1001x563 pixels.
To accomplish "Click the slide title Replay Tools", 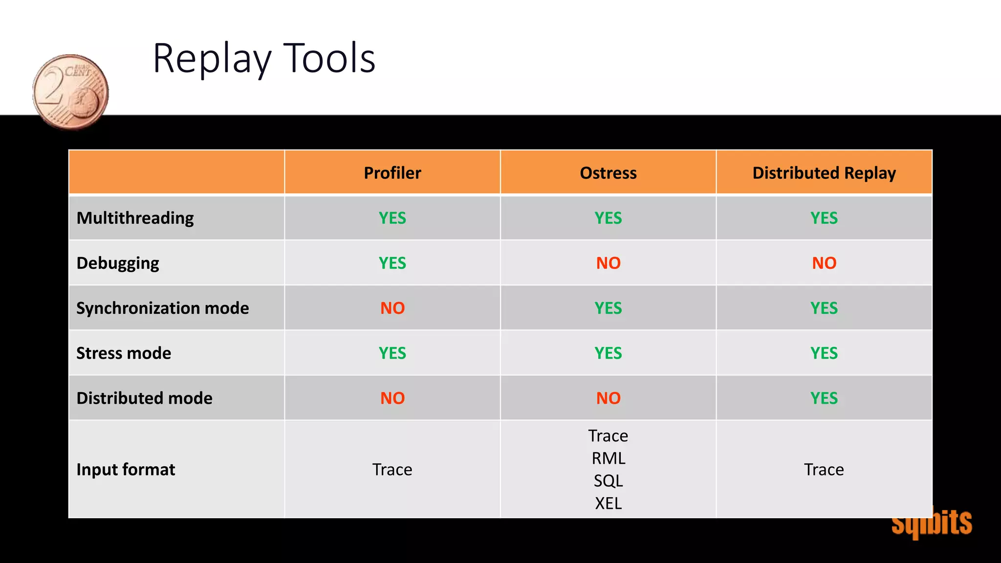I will (264, 59).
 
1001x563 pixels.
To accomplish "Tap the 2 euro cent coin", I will (70, 92).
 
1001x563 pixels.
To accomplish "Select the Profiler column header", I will (392, 173).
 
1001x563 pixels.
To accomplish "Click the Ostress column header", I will (608, 173).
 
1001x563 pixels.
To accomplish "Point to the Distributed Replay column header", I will (824, 173).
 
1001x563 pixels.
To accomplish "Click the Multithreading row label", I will (135, 218).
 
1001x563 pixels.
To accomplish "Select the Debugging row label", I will (118, 263).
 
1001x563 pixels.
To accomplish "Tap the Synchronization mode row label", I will (163, 308).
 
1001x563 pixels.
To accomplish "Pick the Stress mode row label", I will (124, 353).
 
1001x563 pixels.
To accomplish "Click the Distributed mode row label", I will (145, 398).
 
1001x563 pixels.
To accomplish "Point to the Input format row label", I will (126, 469).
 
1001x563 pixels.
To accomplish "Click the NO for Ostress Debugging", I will (608, 263).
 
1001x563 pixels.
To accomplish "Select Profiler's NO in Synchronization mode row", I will (392, 308).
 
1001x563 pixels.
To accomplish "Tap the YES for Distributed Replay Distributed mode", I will (824, 398).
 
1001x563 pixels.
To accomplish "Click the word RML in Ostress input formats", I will (608, 458).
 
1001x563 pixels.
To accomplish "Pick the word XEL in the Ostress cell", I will (608, 503).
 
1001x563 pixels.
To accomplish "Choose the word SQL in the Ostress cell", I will (608, 481).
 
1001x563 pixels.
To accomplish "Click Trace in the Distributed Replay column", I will (824, 469).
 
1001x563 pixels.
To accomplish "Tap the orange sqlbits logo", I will (932, 523).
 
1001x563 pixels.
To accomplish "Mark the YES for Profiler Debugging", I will (392, 263).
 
